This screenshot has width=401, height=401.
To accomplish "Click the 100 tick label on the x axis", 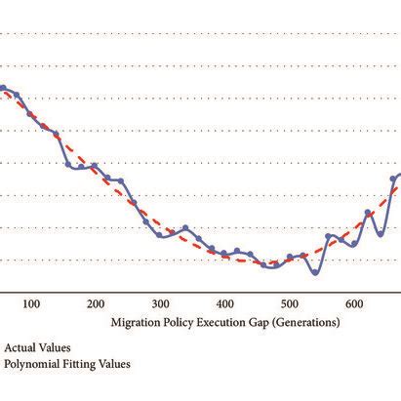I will coord(30,304).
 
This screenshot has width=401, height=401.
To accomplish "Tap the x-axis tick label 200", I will coord(96,304).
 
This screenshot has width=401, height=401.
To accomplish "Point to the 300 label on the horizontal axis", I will coord(160,304).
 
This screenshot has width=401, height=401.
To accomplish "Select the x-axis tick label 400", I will coord(225,304).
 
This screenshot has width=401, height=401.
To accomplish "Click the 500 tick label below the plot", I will coord(290,304).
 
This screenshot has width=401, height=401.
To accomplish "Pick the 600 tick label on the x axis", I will coord(355,304).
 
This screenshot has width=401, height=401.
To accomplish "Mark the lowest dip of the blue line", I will coord(314,273).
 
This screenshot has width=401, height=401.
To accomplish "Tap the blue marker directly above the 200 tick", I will coord(95,167).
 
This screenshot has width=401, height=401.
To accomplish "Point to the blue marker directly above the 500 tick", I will coord(290,258).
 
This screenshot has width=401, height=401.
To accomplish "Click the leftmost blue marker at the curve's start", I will coord(3,89).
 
